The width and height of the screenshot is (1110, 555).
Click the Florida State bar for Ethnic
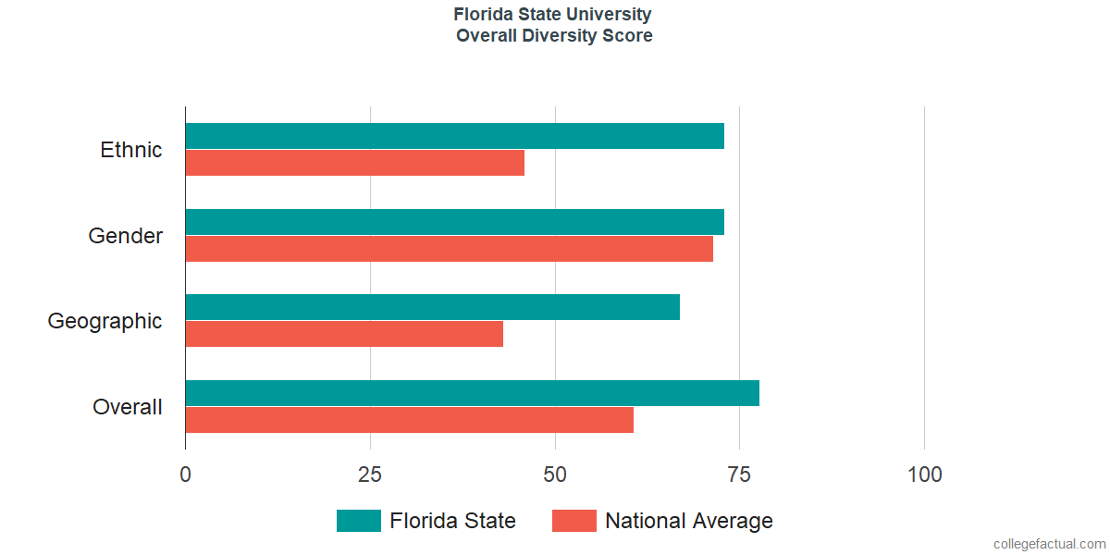(455, 136)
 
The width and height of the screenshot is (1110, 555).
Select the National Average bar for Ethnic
(355, 163)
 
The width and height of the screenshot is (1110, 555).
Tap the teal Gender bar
(455, 221)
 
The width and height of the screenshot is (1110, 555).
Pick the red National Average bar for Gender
(450, 248)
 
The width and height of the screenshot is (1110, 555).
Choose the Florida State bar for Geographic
(433, 307)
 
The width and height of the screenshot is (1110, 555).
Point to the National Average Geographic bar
(344, 334)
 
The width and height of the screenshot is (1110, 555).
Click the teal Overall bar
(473, 393)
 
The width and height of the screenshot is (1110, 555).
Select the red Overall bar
(409, 420)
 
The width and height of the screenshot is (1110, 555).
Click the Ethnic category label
(130, 150)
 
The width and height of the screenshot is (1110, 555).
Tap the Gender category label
(126, 235)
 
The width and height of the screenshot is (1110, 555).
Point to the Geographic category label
(105, 322)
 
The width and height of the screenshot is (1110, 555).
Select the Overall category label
(128, 407)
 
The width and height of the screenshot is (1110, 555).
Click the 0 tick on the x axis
(185, 475)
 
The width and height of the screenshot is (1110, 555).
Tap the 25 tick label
(370, 475)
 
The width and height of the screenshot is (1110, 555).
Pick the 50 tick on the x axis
(554, 475)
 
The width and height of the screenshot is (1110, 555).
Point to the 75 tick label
(739, 475)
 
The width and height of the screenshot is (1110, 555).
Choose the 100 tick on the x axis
(924, 475)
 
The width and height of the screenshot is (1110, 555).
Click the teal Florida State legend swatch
(359, 521)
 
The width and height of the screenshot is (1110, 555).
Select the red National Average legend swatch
(574, 521)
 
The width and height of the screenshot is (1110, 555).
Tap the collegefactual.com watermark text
(1050, 544)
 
